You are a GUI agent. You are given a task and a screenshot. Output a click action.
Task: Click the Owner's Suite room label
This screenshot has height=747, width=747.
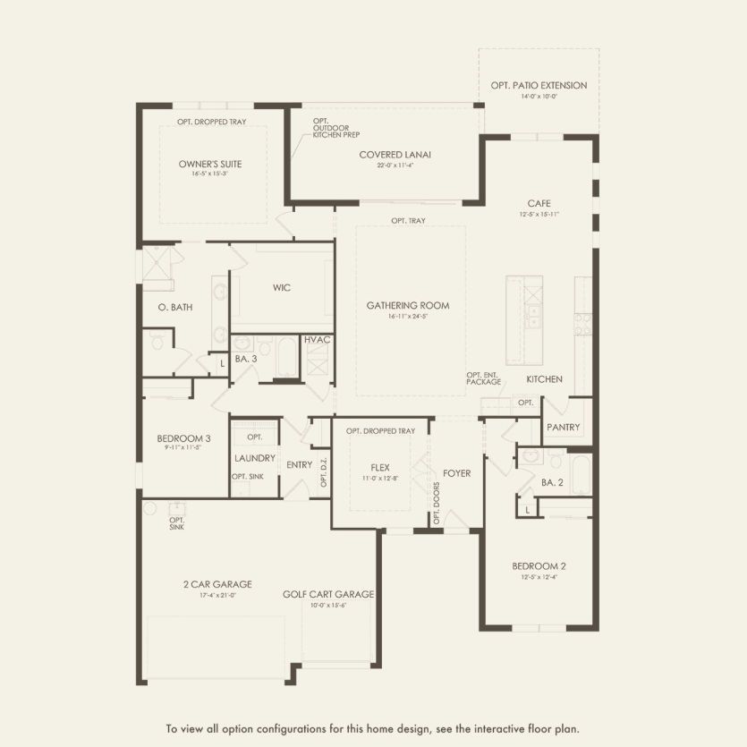[x=210, y=164]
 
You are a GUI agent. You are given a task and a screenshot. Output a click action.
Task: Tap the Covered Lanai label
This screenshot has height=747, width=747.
[x=395, y=155]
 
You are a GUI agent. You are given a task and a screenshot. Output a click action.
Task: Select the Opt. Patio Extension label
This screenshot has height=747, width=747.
[x=539, y=86]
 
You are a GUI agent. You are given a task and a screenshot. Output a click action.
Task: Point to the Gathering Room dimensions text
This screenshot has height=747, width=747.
[x=407, y=317]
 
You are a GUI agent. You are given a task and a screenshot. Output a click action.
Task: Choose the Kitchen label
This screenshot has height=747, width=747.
[x=544, y=379]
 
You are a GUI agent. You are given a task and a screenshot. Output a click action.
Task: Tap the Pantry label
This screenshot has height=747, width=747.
[x=563, y=428]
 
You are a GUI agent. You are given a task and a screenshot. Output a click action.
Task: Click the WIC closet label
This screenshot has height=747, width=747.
[x=282, y=288]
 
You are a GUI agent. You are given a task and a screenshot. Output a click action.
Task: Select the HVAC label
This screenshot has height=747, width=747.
[x=318, y=341]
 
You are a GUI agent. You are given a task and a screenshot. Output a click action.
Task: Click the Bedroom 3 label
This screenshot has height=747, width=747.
[x=183, y=438]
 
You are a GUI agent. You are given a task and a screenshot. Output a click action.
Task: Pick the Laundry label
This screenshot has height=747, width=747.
[x=254, y=458]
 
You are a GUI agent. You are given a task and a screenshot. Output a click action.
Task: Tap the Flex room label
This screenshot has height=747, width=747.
[x=380, y=468]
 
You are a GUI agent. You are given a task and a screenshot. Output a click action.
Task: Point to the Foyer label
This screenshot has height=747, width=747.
[x=456, y=473]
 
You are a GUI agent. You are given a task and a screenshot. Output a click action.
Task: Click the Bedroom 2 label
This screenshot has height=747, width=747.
[x=539, y=566]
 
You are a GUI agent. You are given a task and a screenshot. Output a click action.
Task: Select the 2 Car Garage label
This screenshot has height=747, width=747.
[x=217, y=585]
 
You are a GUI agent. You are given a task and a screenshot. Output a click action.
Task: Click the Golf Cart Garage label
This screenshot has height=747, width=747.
[x=328, y=594]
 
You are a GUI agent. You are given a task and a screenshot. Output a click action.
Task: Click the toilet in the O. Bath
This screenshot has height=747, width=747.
[x=157, y=342]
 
